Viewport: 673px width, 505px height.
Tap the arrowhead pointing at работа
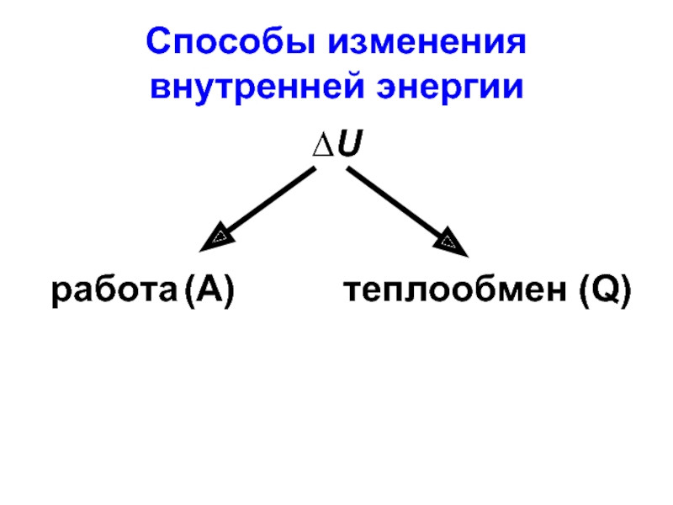(216, 239)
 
